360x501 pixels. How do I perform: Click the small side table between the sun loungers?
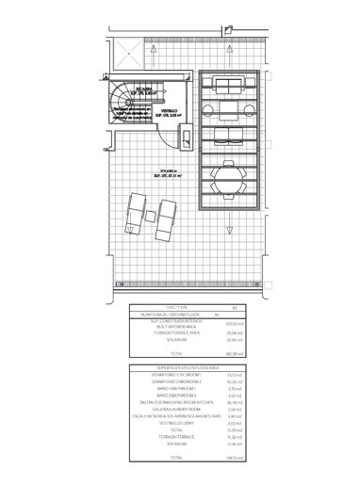coord(155,221)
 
